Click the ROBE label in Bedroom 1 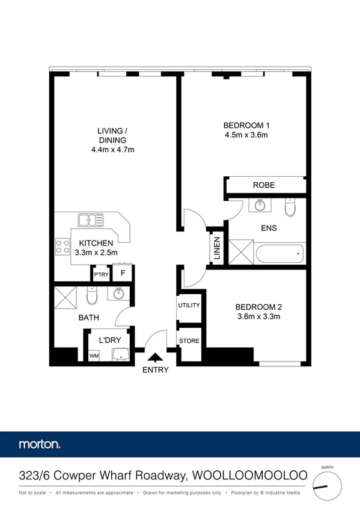[264, 185]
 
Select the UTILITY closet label [188, 306]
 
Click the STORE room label [189, 341]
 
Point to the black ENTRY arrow [154, 358]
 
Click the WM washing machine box [94, 356]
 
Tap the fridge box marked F [123, 274]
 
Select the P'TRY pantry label [100, 275]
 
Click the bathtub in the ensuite [280, 254]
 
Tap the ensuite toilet [290, 207]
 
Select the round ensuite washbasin [260, 206]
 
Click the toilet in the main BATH [91, 296]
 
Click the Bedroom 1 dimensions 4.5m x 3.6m [246, 135]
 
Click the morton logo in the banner [40, 445]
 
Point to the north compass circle [326, 485]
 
